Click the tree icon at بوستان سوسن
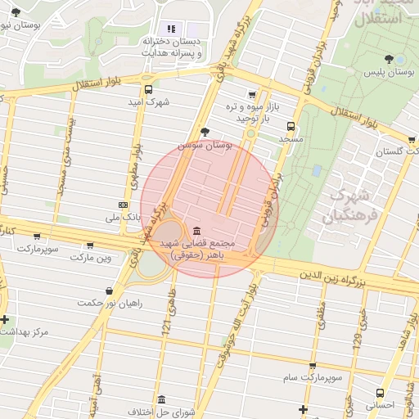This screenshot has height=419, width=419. (205, 132)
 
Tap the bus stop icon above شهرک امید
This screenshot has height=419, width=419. (148, 90)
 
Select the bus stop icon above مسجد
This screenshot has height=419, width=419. (291, 127)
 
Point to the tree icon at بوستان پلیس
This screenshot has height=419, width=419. (388, 59)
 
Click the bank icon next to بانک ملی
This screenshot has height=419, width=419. (123, 205)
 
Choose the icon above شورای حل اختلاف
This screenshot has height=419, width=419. (161, 400)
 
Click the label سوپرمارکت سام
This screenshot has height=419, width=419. (313, 377)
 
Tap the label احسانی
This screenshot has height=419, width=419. (380, 404)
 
